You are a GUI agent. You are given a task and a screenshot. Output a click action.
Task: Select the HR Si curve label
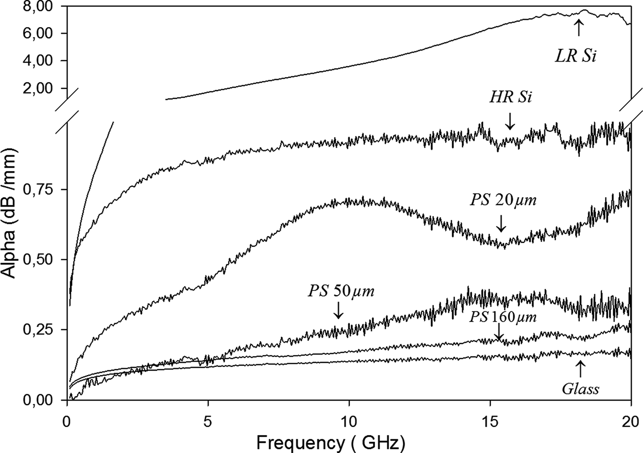[x=511, y=97]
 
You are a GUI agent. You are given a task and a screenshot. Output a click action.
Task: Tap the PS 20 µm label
[x=503, y=201]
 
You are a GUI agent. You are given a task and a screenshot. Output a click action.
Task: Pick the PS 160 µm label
[x=502, y=317]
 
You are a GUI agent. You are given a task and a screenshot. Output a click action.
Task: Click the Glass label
[x=581, y=389]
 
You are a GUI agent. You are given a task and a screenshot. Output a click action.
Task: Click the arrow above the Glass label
[x=580, y=369]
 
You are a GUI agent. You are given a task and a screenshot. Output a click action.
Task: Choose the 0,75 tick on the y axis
[x=42, y=189]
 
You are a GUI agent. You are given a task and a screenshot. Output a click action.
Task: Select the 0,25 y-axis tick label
[x=42, y=330]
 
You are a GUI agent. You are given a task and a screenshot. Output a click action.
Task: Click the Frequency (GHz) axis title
[x=331, y=442]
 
